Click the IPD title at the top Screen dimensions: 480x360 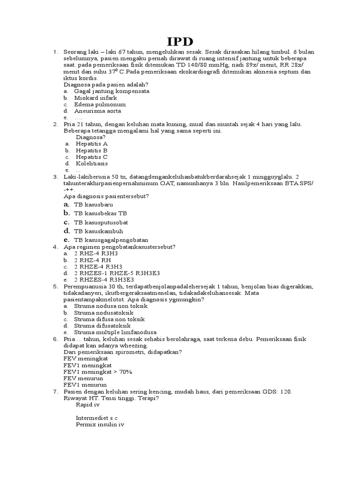(180, 42)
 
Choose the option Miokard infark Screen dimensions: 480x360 (96, 98)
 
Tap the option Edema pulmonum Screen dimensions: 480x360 (100, 105)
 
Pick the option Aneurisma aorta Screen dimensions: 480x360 (97, 111)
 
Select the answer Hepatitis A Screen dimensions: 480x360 (92, 143)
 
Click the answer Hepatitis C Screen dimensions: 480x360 (92, 157)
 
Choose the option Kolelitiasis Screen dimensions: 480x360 (92, 164)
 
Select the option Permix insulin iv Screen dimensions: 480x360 (100, 425)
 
